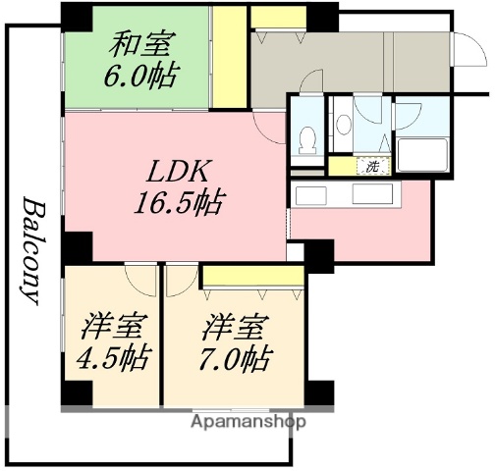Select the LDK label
177,174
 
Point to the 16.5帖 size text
178,204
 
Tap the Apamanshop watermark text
251,422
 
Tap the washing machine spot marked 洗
372,166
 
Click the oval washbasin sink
344,123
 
